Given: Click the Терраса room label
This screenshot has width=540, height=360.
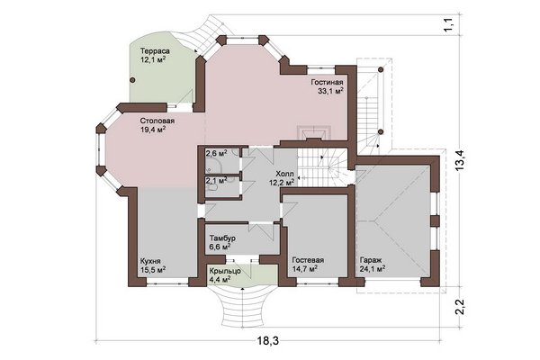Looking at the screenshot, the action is pos(155,51).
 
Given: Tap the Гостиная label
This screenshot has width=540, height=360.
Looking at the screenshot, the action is pos(328,82).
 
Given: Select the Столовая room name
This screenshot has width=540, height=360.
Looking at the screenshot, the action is pos(157,121).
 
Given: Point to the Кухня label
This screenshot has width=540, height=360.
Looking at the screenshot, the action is pos(150,261).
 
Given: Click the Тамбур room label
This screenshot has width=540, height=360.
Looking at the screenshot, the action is pos(222,238).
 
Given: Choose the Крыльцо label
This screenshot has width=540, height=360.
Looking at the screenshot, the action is pos(225,271).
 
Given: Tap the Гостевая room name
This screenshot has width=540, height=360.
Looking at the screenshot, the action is pos(308,260).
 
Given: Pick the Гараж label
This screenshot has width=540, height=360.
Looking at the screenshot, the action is pos(371,260).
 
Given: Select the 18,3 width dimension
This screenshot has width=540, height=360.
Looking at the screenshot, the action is pos(267,341).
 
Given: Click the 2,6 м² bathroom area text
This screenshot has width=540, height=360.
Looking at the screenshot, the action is pos(216,153).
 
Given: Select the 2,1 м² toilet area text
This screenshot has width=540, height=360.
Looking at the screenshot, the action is pos(216,180).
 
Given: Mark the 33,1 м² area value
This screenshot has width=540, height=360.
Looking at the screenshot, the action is pos(331,91).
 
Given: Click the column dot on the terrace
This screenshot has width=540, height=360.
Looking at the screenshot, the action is pos(132,80).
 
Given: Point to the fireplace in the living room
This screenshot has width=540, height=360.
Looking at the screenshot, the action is pos(314,134).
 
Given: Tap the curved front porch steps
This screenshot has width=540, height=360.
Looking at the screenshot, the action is pos(243,307).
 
